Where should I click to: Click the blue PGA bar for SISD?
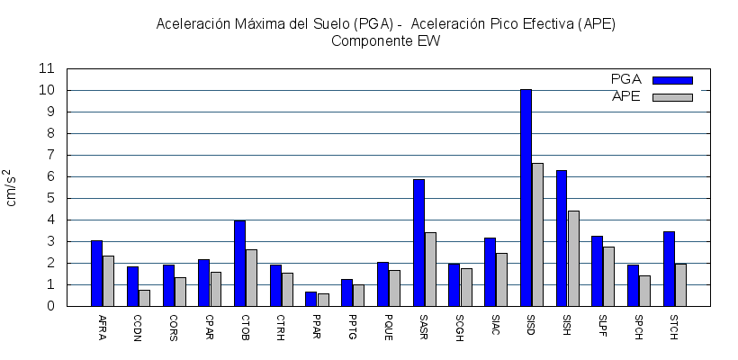point(526,198)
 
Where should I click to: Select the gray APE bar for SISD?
point(537,234)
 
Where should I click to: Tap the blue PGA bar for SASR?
point(418,243)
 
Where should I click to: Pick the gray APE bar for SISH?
point(573,258)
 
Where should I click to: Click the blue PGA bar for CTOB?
point(239,263)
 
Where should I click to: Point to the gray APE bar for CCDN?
point(144,298)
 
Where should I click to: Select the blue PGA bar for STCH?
point(669,268)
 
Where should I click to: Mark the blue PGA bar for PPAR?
point(310,299)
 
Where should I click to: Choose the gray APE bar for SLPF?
point(609,276)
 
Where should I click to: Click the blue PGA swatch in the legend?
point(672,80)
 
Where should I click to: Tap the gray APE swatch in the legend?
point(672,97)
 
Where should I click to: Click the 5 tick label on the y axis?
point(51,198)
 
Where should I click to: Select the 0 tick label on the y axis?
point(51,306)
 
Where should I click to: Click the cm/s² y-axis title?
point(11,187)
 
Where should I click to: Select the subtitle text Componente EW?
point(385,40)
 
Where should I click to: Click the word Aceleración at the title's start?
point(192,23)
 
